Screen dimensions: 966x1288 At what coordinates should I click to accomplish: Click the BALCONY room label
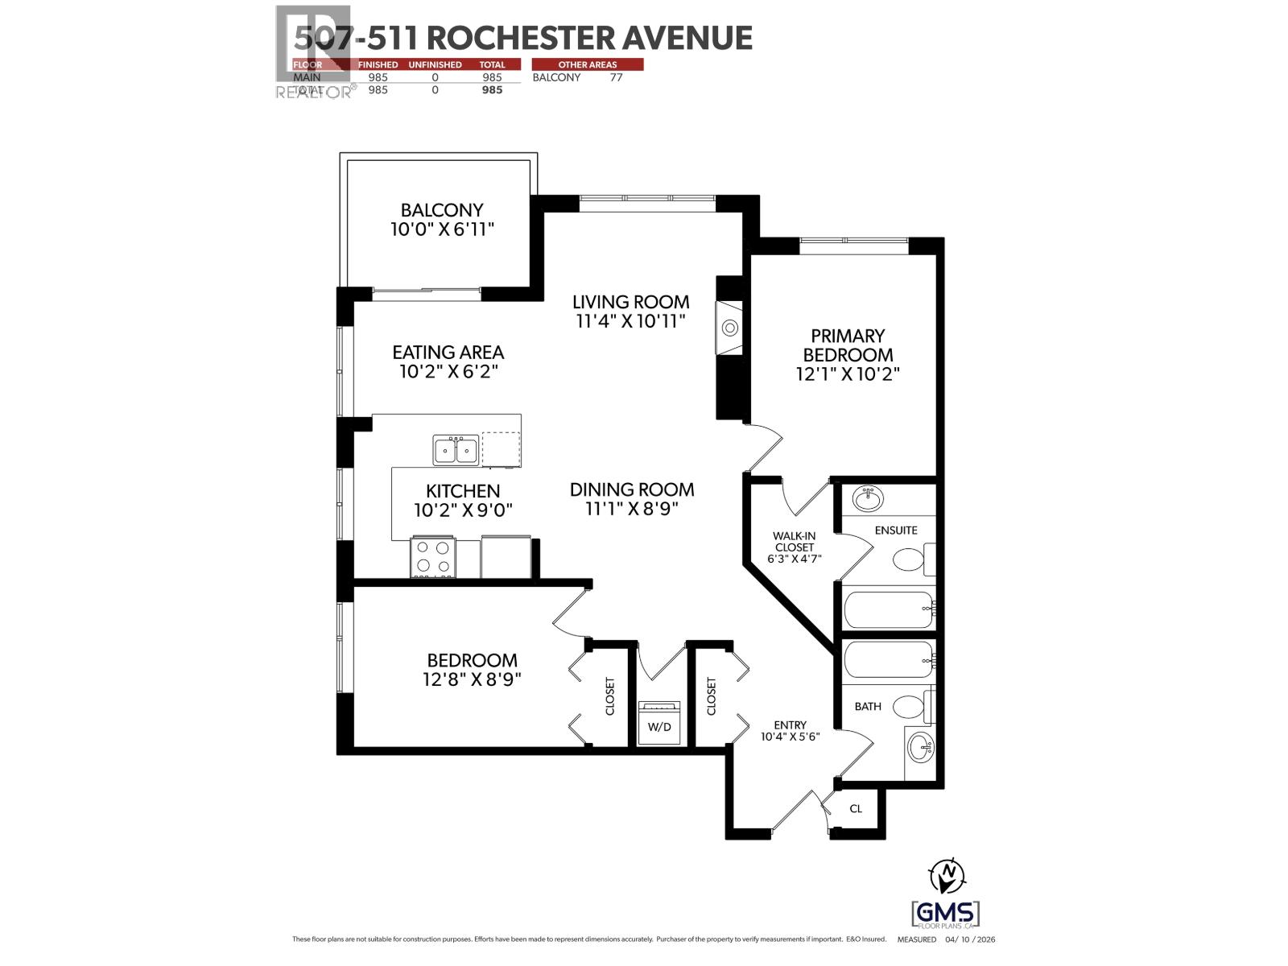click(x=442, y=210)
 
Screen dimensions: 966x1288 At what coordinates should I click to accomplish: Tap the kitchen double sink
click(x=455, y=450)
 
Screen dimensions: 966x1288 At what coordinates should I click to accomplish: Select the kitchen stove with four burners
click(x=433, y=557)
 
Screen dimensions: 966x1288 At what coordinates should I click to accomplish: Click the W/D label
click(x=659, y=727)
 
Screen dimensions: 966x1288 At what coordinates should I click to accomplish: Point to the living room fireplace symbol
click(x=730, y=328)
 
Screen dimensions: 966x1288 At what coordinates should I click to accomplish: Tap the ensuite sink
click(x=867, y=498)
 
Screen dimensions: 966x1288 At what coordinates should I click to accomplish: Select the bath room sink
click(x=920, y=749)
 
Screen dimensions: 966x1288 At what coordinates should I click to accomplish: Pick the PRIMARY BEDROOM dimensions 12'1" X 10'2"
click(x=848, y=374)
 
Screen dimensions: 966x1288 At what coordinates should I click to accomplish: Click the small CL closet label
click(x=856, y=808)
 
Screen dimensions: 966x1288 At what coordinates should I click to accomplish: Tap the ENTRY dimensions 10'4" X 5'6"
click(x=790, y=736)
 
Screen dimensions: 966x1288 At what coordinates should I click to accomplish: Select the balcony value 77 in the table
click(x=616, y=77)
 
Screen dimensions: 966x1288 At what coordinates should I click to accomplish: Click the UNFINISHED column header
click(x=435, y=64)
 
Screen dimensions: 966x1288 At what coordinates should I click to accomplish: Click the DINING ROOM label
click(x=632, y=489)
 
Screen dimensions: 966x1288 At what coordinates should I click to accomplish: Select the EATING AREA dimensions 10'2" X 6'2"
click(x=448, y=372)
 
